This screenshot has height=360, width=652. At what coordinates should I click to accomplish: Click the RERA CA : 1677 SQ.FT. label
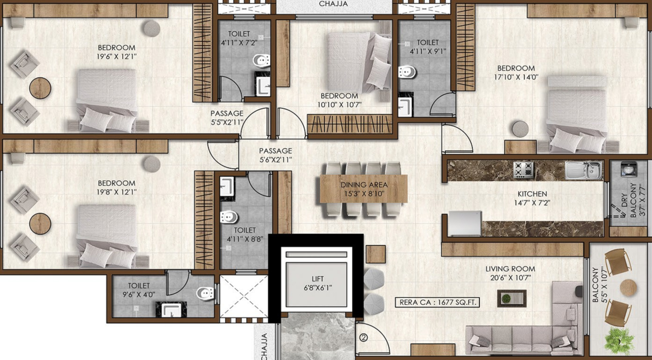pos(437,302)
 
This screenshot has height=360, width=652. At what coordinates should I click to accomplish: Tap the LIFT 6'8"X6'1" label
pos(317,283)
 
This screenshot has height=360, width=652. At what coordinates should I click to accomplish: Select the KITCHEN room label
pos(532,194)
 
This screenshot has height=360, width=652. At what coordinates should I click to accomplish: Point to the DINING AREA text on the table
pos(364,185)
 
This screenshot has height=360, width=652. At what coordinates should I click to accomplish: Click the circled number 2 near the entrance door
pos(363,338)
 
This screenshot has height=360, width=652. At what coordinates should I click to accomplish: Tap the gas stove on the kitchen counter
pos(523,170)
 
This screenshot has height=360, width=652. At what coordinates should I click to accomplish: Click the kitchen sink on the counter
pos(583,170)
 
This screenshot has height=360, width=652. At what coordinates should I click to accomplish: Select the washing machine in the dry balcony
pos(628,169)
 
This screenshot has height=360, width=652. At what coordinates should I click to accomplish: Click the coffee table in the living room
pos(512,298)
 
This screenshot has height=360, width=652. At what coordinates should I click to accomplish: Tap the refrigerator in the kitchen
pos(465,223)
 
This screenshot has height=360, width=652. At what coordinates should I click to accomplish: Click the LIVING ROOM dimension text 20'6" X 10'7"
pos(510,278)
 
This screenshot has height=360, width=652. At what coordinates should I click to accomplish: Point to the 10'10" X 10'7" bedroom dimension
pos(339,104)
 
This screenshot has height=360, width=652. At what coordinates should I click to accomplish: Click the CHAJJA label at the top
pos(333,4)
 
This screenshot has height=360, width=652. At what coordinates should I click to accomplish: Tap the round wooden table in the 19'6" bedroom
pos(40,88)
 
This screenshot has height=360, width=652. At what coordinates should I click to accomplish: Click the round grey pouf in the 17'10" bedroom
pos(520,129)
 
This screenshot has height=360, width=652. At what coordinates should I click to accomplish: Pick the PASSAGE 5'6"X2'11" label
pos(275,155)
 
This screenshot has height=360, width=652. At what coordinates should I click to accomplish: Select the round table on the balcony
pos(628,288)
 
